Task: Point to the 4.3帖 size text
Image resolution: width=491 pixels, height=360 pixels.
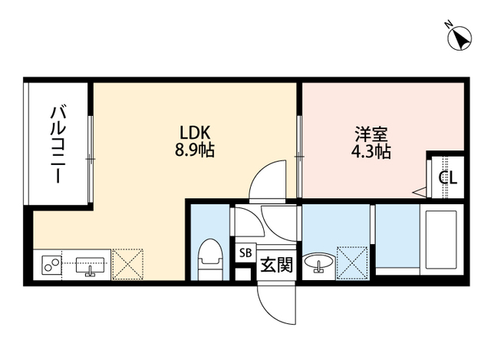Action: pyautogui.click(x=371, y=150)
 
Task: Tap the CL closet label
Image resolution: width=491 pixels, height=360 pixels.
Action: pyautogui.click(x=449, y=178)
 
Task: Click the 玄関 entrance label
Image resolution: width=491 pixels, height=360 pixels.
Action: pyautogui.click(x=276, y=265)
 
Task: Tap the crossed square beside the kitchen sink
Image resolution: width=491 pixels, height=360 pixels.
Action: pyautogui.click(x=127, y=263)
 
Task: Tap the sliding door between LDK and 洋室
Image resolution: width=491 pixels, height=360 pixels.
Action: pyautogui.click(x=299, y=157)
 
